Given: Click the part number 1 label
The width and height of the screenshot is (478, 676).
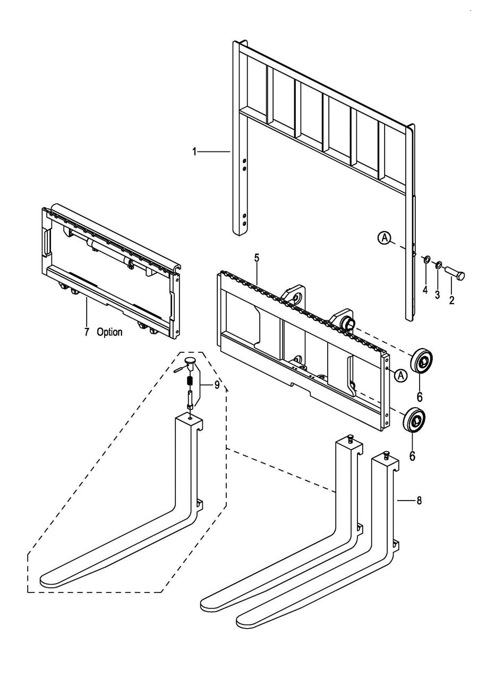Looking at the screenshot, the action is coord(194,152).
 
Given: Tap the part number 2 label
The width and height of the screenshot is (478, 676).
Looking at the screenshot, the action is coord(451,300).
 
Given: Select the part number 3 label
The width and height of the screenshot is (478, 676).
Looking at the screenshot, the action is coord(437,294).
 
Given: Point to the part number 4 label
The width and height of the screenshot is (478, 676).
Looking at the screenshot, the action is coord(425,290).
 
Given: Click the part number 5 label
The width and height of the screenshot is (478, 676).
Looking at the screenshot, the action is coord(257,258).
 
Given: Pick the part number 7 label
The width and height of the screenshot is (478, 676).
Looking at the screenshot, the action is coord(87,332).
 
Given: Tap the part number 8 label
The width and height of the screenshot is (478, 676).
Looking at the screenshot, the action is coord(419,501).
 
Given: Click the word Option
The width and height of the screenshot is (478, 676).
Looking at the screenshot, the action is coord(109,332).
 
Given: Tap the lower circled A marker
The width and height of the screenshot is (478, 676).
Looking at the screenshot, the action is coord(401,375).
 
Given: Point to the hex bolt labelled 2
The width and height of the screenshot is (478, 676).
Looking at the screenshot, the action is coord(455,273).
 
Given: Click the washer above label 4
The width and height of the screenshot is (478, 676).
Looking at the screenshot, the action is coord(426,259).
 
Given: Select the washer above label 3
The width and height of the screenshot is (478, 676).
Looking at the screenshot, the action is coord(438,265).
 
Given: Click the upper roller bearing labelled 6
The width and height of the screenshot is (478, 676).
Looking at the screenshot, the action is coord(421,366).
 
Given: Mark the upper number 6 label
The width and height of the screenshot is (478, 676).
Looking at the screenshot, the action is coord(420,397).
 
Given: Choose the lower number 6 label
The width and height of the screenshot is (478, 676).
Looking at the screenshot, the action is coord(412,455).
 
